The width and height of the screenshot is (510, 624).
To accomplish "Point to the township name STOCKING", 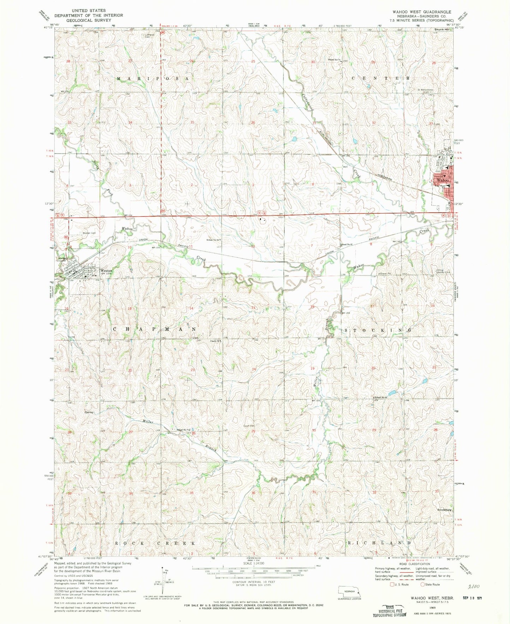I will point(378,330).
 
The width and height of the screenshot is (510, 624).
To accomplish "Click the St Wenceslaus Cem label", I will point(425,90).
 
